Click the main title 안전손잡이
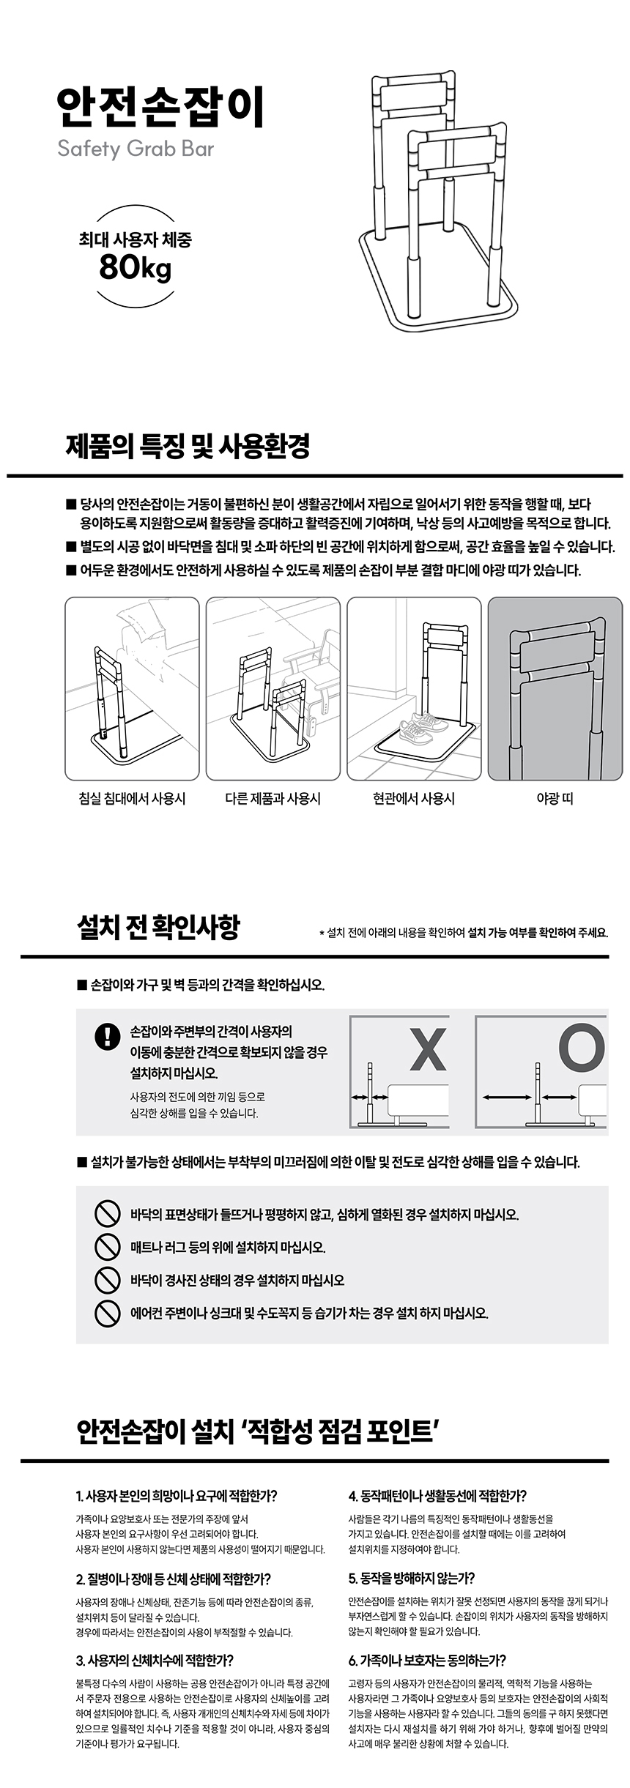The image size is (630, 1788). click(x=159, y=108)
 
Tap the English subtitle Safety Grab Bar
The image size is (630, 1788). click(x=136, y=149)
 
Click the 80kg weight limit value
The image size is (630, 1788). click(x=136, y=268)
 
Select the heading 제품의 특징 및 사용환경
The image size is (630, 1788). click(x=188, y=445)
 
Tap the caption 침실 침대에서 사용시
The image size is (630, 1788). click(x=132, y=798)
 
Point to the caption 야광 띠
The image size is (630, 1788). click(x=555, y=798)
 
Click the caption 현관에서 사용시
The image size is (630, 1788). click(x=414, y=798)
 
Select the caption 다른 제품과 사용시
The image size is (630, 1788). click(x=273, y=798)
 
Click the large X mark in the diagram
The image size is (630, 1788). click(x=428, y=1048)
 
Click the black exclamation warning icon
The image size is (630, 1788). click(x=108, y=1036)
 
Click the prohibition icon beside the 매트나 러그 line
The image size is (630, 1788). click(x=108, y=1246)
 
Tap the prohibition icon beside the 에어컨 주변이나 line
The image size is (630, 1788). click(x=108, y=1312)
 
